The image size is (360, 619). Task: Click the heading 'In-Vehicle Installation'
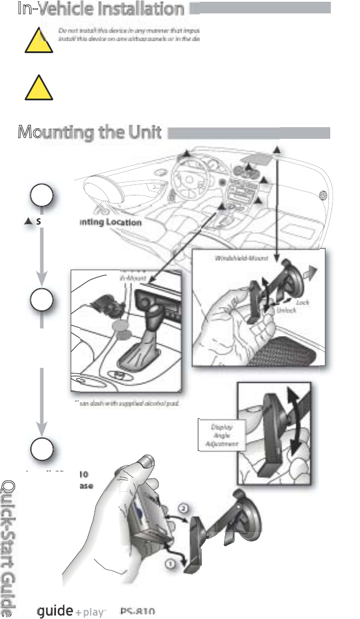(100, 9)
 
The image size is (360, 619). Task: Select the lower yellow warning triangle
(36, 89)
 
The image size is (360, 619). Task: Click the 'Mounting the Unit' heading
(89, 132)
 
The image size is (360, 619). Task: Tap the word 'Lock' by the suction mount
(302, 303)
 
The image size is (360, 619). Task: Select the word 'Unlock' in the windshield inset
(286, 310)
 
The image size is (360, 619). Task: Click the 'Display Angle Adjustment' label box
(219, 435)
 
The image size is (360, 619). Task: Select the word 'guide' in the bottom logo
(54, 610)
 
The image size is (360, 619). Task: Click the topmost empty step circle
(41, 197)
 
